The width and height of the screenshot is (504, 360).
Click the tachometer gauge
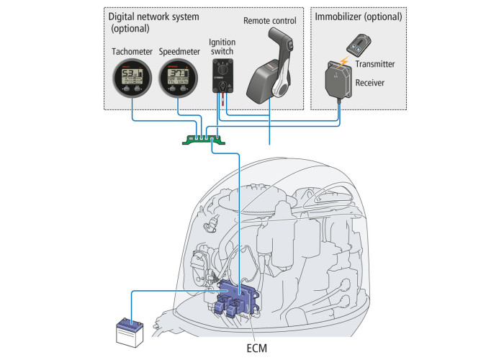(x=131, y=80)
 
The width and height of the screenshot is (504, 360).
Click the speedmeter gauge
(x=178, y=80)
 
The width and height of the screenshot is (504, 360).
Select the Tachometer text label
(x=132, y=52)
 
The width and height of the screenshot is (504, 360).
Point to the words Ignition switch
(x=222, y=48)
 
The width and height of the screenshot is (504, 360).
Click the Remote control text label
(x=270, y=20)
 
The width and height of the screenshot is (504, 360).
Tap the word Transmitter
(x=379, y=64)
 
